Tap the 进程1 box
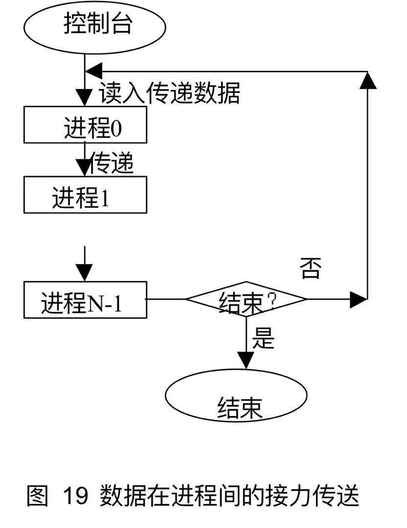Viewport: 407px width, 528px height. coord(85,195)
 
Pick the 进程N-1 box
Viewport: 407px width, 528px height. coord(85,299)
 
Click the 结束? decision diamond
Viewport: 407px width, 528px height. coord(246,299)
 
